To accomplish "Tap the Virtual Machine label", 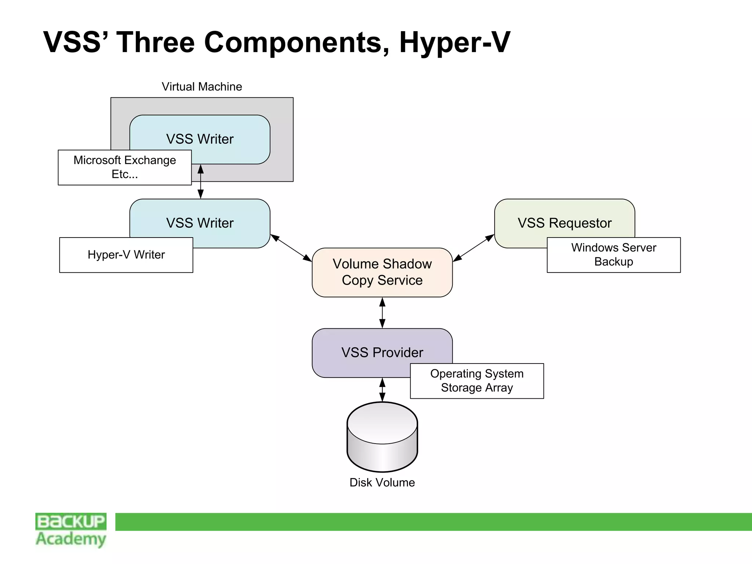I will pos(202,87).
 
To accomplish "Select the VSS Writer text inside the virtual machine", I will pos(200,139).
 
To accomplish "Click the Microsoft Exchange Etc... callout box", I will pos(124,167).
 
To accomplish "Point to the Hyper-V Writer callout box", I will pos(126,255).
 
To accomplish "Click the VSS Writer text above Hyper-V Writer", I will pos(200,223).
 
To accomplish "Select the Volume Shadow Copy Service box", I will pos(382,272).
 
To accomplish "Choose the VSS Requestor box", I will pos(564,223).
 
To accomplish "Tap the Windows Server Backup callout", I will pos(613,255).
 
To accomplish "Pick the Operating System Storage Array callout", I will pos(477,381).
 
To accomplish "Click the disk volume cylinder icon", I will pos(382,437).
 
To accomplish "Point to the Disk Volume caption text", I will pos(382,482).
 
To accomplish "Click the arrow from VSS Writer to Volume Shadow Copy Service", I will pos(291,248).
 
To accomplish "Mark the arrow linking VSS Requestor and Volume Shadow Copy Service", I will pos(473,248).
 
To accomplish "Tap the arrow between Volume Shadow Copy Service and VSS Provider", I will pos(382,313).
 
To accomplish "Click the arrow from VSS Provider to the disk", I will pos(382,390).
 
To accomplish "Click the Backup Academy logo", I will pos(71,530).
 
